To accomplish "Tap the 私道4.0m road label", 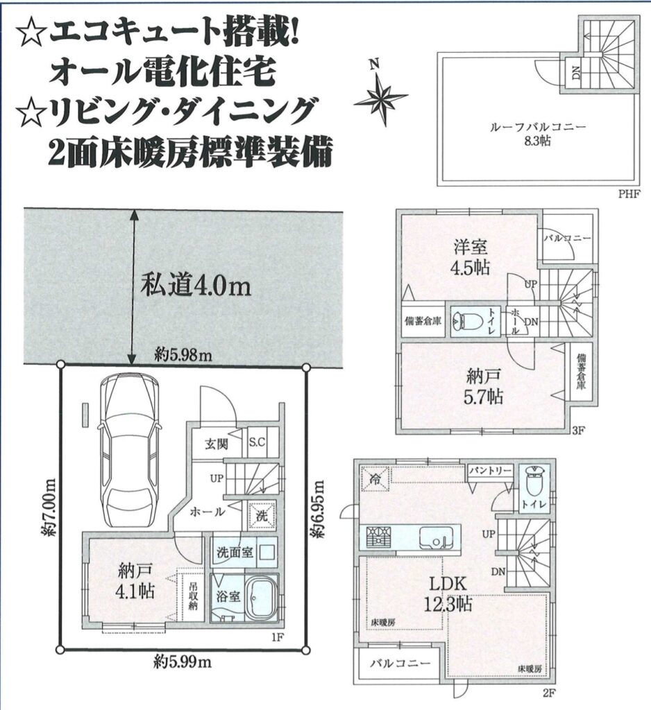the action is tap(196, 286).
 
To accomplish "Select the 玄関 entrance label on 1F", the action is tap(216, 444).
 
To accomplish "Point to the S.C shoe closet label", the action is tap(257, 442).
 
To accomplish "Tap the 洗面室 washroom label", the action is tap(235, 553).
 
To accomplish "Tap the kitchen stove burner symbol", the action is tap(377, 537).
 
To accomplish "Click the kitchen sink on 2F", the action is tap(435, 538).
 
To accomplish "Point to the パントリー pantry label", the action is tap(490, 471).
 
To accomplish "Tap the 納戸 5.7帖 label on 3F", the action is tap(484, 386).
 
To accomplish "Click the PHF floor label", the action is tap(629, 194).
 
